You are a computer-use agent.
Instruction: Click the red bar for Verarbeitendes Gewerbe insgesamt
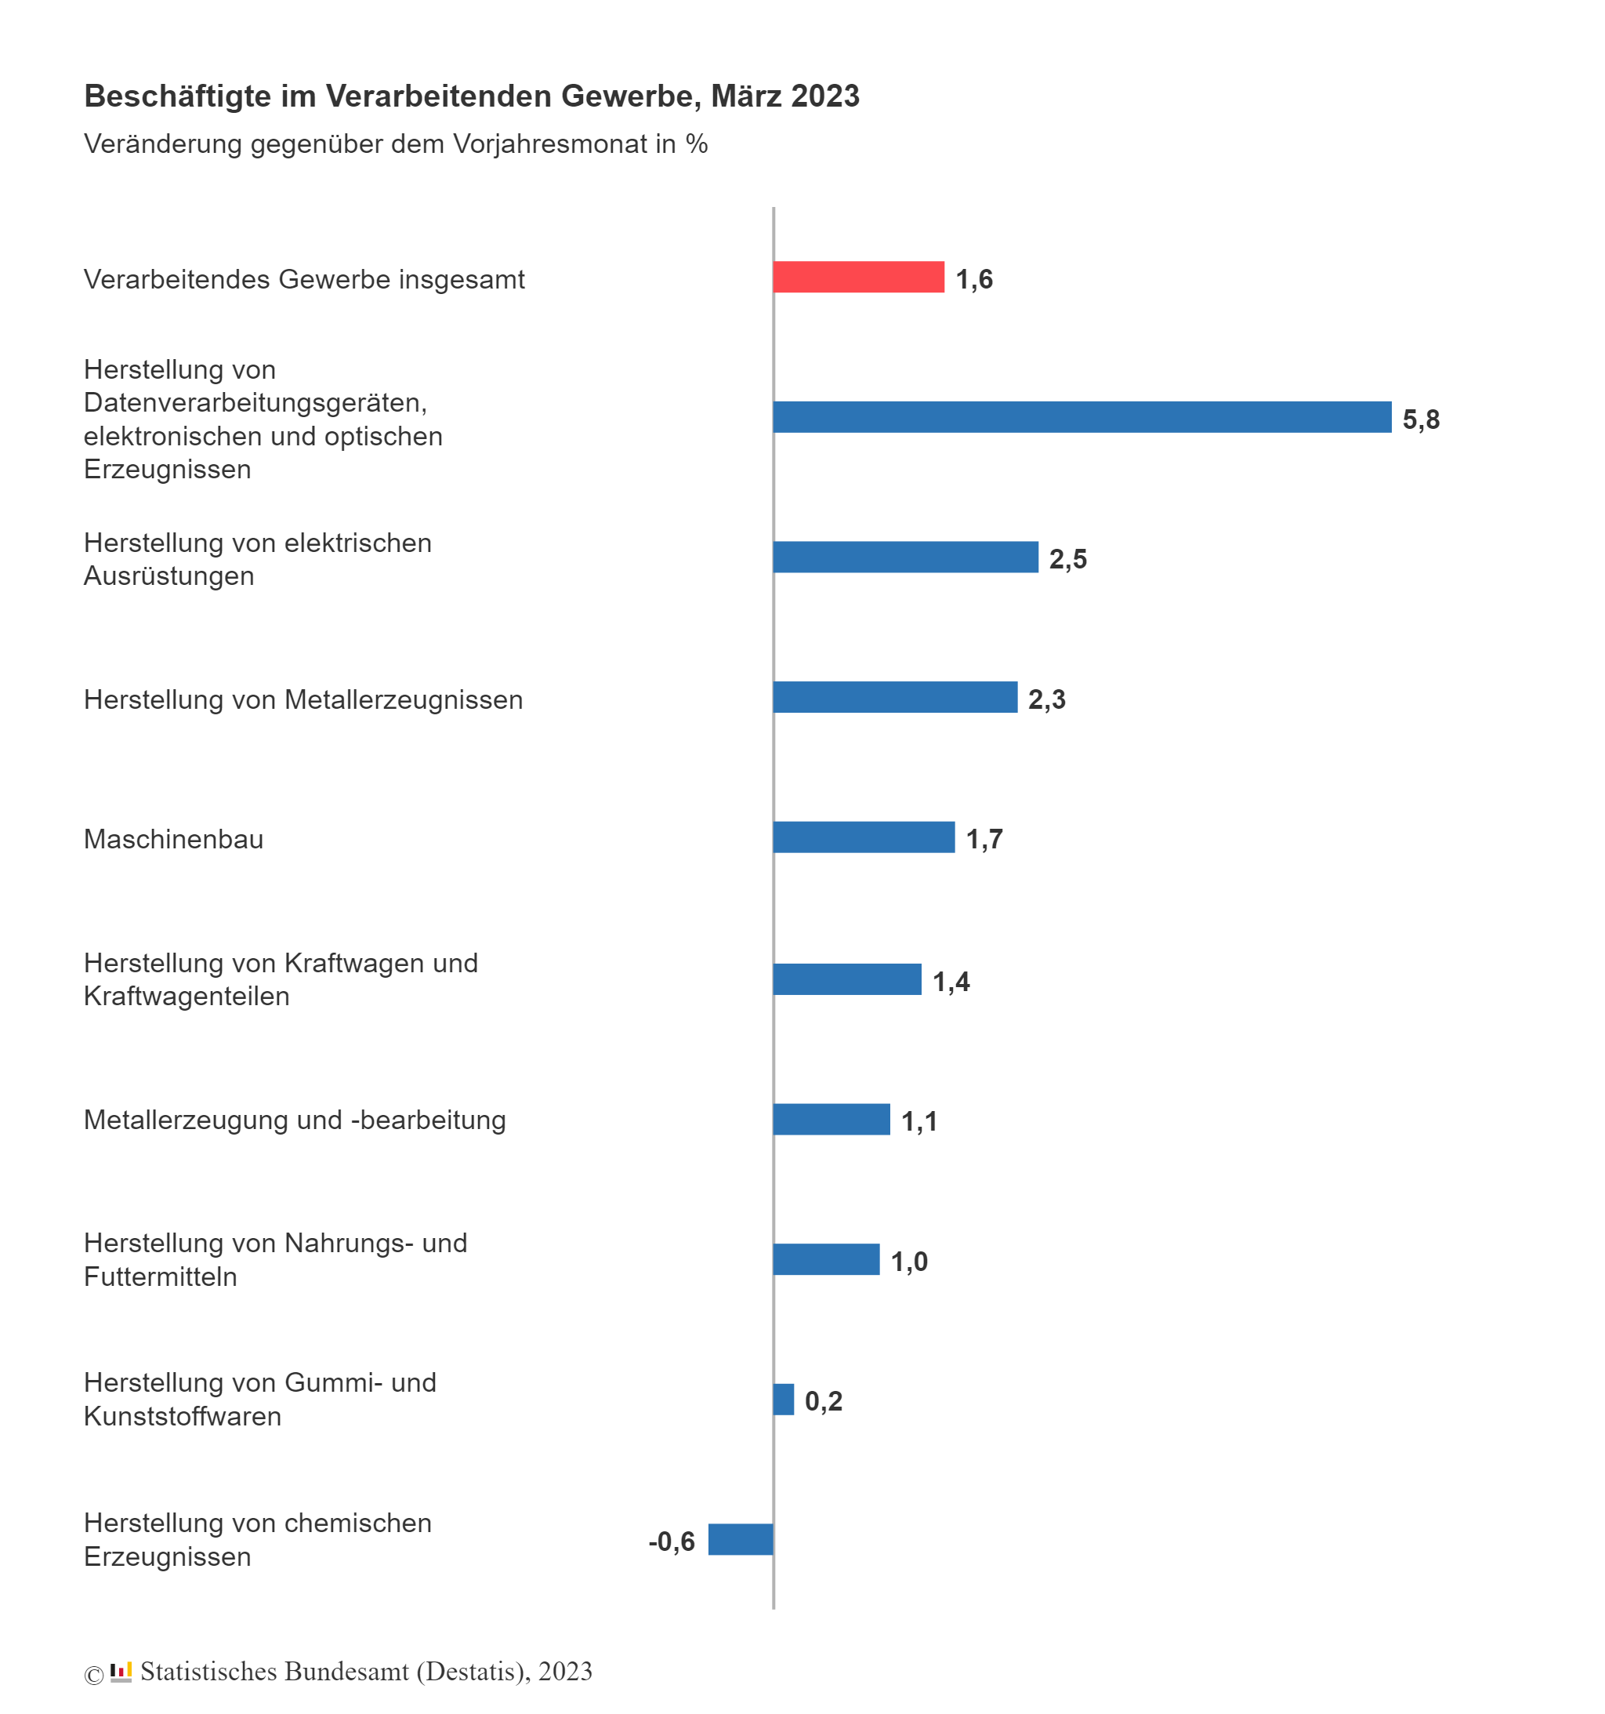(857, 277)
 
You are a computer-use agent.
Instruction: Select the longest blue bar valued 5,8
(1081, 416)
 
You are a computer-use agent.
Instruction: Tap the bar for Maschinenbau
(863, 837)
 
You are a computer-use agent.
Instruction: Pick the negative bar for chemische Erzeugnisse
(740, 1539)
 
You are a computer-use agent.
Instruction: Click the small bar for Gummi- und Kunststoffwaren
(783, 1399)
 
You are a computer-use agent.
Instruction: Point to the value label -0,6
(671, 1541)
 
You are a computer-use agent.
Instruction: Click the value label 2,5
(1067, 559)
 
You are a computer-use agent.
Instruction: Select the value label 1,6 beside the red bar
(973, 278)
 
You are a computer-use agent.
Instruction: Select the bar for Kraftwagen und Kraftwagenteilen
(846, 979)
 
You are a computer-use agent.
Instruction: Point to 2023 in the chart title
(825, 96)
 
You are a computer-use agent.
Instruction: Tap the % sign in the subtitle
(697, 144)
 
